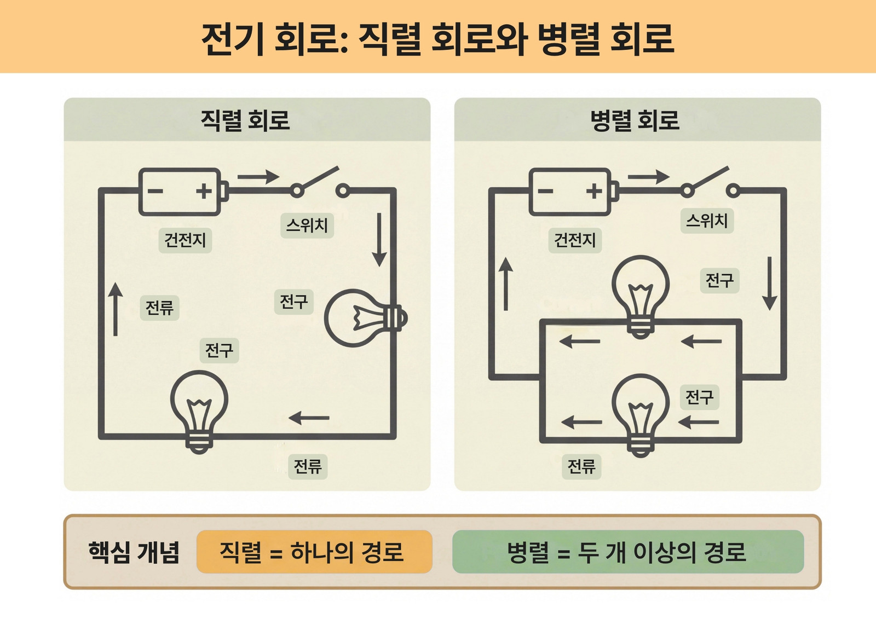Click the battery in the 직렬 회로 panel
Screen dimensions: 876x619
(x=183, y=192)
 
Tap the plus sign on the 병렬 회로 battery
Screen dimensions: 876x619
(x=594, y=191)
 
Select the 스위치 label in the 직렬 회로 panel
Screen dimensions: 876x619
(x=307, y=225)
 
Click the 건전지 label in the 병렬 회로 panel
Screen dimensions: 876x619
(x=575, y=240)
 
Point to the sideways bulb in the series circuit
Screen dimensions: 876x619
(x=366, y=318)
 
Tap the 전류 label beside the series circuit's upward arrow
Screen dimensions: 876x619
(x=159, y=308)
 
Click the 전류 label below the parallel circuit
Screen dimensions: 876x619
(x=581, y=466)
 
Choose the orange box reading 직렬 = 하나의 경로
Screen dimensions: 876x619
(x=314, y=552)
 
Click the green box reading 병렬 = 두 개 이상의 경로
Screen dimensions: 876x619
(x=628, y=552)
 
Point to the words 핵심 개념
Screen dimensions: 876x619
(x=134, y=552)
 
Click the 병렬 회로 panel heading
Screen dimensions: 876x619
(x=635, y=120)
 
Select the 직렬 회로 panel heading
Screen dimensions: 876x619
(x=245, y=120)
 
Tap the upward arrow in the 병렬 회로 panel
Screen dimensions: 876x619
(x=506, y=284)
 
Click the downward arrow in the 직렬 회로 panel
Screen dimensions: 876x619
(x=379, y=240)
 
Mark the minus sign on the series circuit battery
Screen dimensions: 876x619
(x=155, y=191)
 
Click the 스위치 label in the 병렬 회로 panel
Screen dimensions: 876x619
(x=707, y=221)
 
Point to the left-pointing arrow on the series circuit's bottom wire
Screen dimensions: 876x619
(x=309, y=418)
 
